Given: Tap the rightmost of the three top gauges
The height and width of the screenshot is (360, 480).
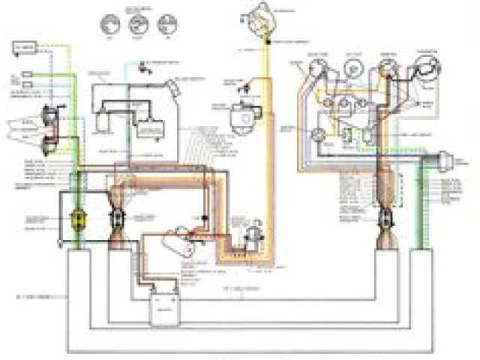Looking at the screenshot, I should coord(162,23).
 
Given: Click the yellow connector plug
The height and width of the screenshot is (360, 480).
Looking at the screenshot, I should coord(76,220).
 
